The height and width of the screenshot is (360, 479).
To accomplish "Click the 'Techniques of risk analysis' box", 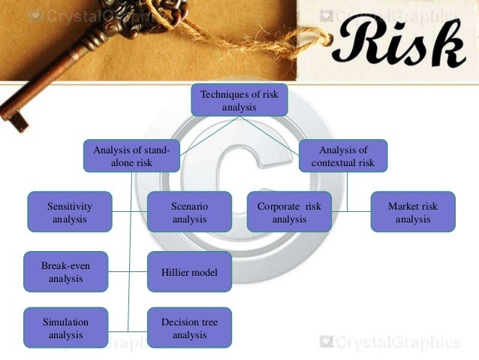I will [x=239, y=101].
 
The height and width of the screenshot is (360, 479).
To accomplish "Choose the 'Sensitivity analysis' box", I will [x=69, y=212].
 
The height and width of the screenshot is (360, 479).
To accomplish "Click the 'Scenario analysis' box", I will [x=189, y=212].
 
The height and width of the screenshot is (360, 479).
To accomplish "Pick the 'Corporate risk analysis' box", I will [x=289, y=212].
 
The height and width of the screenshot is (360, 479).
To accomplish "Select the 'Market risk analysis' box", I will [x=412, y=212].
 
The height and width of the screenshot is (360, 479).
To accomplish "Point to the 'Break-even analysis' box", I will [x=65, y=271].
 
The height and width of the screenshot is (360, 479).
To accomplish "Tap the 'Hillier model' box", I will [x=189, y=272].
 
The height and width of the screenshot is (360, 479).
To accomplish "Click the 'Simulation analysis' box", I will [x=65, y=328].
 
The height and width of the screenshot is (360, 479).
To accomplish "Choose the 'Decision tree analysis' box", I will [x=189, y=328].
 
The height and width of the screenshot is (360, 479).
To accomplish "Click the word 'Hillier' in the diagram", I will [x=175, y=272].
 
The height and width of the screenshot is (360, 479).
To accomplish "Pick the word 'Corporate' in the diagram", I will [x=278, y=206].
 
